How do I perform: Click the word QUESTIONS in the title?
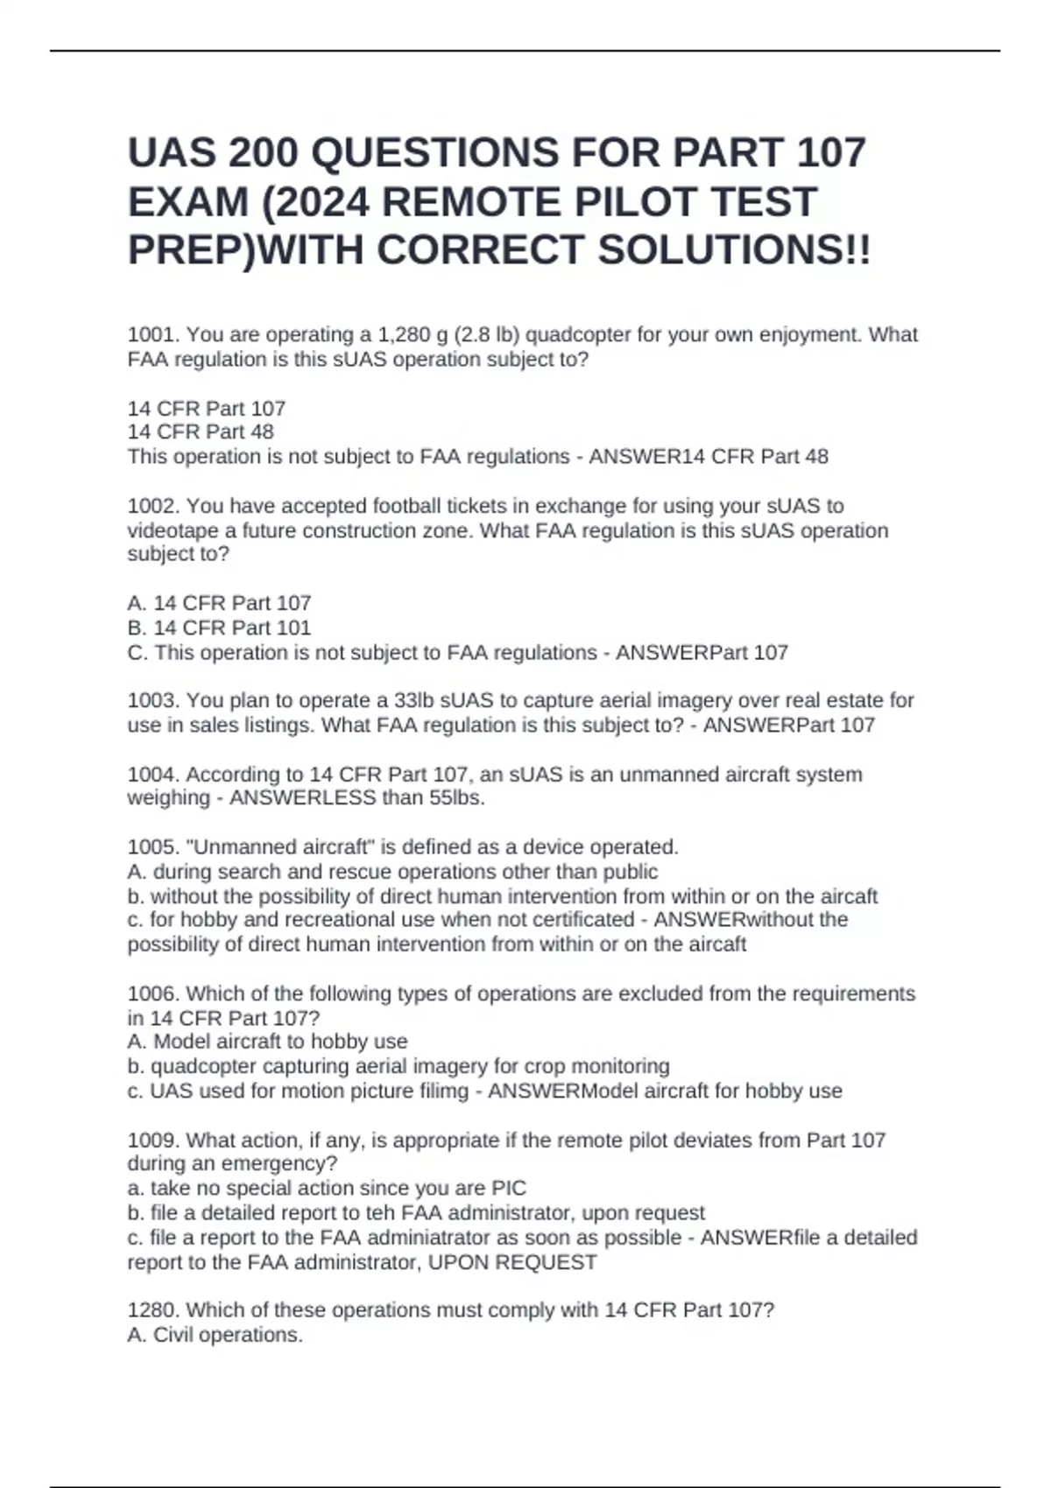[x=435, y=153]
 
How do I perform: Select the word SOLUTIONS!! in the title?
[x=734, y=250]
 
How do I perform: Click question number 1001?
[x=153, y=335]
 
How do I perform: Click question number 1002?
[x=153, y=506]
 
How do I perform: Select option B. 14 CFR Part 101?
[x=219, y=628]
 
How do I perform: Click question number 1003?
[x=153, y=701]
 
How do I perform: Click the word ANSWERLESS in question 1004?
[x=302, y=798]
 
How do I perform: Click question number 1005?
[x=153, y=847]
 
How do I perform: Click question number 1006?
[x=153, y=994]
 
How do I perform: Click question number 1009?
[x=153, y=1141]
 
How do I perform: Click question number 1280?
[x=153, y=1310]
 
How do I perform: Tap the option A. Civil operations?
[x=215, y=1336]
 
